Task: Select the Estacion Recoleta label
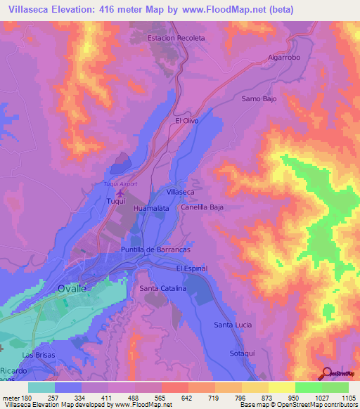point(176,38)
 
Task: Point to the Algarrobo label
point(284,58)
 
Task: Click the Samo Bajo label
point(259,99)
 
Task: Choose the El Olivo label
point(187,121)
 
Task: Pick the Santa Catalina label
point(162,289)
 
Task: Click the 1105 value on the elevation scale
point(347,398)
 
